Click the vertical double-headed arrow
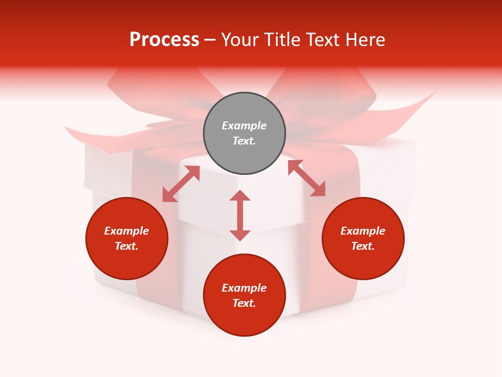240,215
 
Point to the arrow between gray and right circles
306,178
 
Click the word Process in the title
164,40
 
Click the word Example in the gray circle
244,126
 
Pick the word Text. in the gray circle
244,141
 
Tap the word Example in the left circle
127,231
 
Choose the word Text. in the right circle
363,246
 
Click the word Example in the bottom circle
244,288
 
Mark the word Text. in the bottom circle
244,303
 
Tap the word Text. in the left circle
127,246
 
